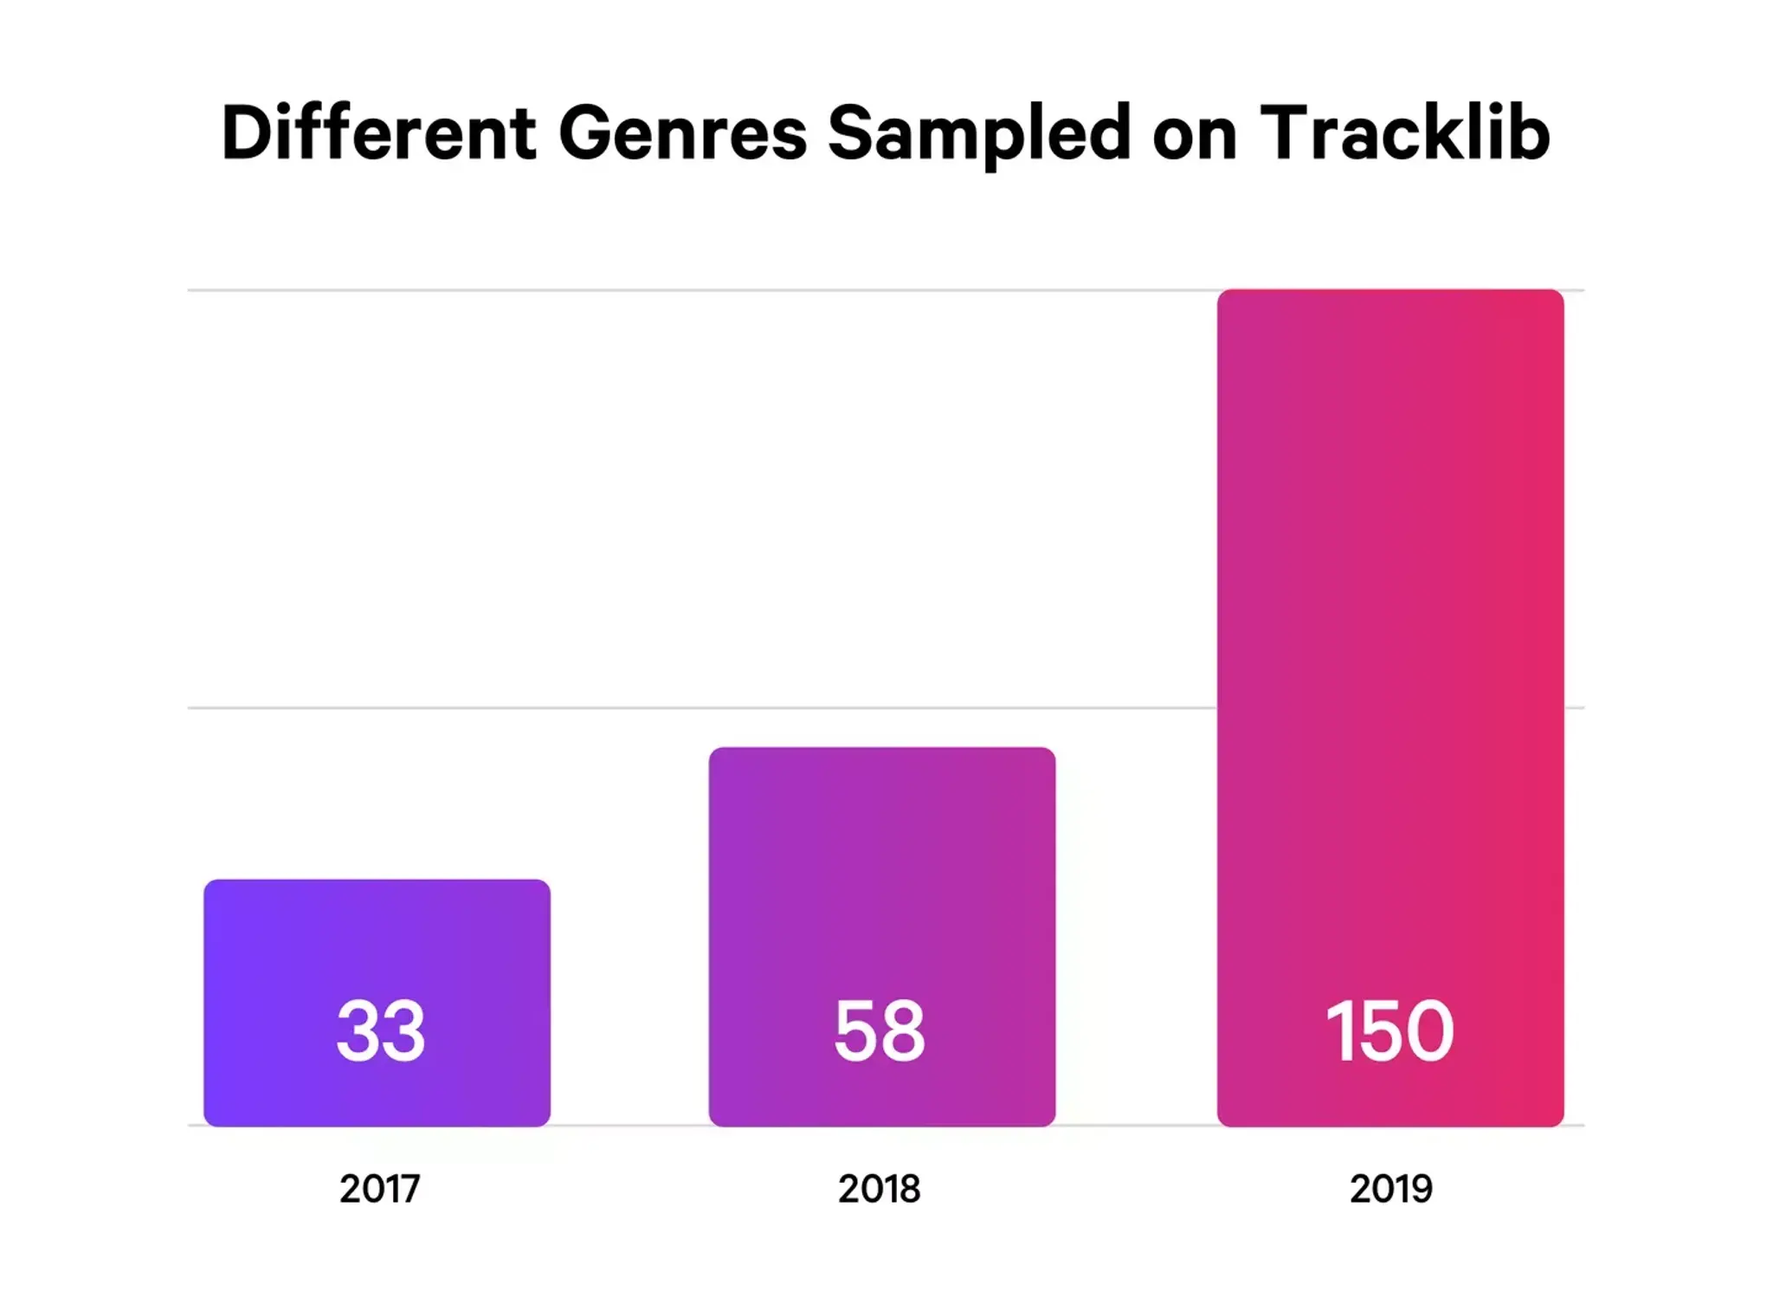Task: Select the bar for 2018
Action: pos(881,866)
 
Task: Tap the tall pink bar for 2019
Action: pos(1389,606)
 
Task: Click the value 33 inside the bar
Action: pos(381,1030)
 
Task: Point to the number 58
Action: pos(880,1030)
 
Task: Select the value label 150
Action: pos(1389,1030)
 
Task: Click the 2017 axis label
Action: pos(379,1189)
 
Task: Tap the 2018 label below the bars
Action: pos(879,1189)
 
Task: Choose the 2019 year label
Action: pos(1390,1189)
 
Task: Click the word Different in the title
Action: pos(378,132)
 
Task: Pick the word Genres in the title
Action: pos(682,132)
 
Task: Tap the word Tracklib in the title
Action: pos(1404,132)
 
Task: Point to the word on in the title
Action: pos(1195,139)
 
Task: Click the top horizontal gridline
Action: pos(693,290)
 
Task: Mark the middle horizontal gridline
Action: pos(693,707)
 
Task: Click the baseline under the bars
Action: pos(629,1125)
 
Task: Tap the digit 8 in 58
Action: pos(904,1030)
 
